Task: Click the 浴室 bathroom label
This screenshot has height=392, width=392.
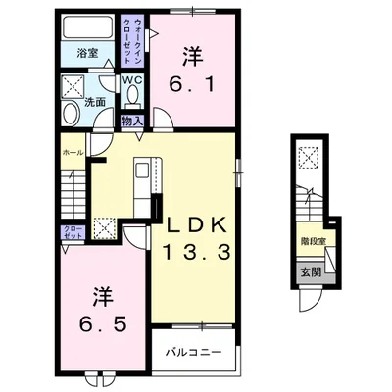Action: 87,53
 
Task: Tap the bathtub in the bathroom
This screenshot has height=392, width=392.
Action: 87,26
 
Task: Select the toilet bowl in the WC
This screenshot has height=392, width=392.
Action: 133,94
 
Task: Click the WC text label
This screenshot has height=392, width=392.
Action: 132,80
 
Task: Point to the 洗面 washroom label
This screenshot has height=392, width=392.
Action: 95,102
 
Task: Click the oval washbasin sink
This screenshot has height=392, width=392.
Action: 71,113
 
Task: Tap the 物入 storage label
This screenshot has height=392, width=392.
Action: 132,122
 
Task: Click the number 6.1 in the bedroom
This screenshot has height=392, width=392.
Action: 192,85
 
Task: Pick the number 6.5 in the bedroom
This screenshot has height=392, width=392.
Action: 103,324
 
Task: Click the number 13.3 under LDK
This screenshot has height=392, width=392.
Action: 197,253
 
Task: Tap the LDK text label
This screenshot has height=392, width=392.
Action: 197,225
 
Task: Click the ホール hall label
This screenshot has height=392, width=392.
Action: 73,153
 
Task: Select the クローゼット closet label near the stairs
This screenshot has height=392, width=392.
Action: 73,231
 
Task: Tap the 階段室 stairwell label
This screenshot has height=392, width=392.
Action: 313,241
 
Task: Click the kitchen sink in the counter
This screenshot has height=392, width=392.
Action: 142,171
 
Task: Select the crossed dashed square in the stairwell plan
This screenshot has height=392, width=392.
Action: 309,158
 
